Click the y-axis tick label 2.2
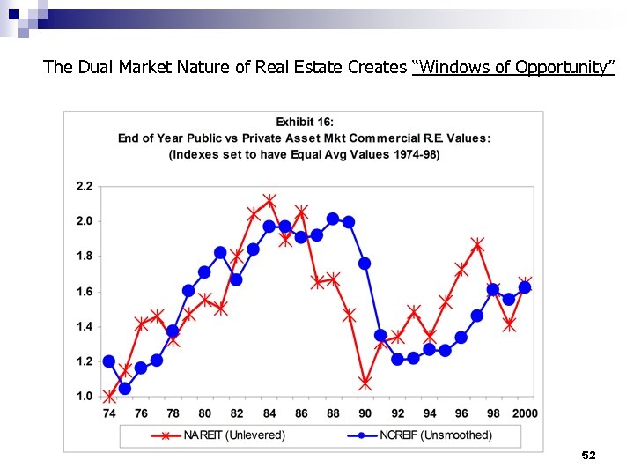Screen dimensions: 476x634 (x=84, y=186)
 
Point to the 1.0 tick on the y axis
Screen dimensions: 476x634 (x=84, y=397)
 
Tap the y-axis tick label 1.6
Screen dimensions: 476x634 (x=84, y=292)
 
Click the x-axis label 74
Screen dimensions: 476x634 (x=109, y=413)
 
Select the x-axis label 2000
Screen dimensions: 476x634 (x=524, y=413)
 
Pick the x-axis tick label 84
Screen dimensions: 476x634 (x=269, y=413)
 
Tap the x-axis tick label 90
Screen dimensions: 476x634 (x=365, y=413)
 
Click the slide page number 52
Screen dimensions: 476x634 (x=589, y=456)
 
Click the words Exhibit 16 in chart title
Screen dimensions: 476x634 (x=305, y=122)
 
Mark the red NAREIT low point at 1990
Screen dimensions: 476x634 (x=365, y=383)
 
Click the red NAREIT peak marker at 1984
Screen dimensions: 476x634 (x=269, y=201)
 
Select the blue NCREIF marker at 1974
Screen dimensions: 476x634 (x=109, y=361)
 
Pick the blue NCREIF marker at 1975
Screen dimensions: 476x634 (x=125, y=389)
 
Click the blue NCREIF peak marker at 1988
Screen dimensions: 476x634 (x=333, y=219)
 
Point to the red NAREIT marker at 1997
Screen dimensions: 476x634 (x=477, y=244)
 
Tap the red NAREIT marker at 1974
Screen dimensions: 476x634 (x=109, y=397)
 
